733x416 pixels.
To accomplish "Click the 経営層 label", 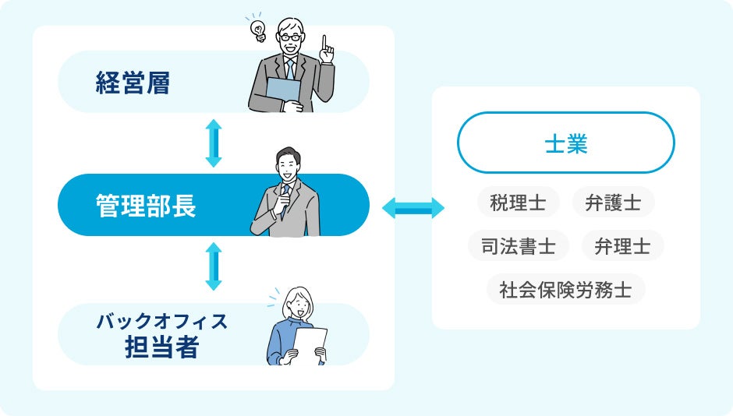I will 133,83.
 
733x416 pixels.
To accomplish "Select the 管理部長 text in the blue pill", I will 146,206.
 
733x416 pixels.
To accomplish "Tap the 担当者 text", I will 161,347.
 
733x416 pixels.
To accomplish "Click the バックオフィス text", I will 161,321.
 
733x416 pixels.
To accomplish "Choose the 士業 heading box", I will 565,143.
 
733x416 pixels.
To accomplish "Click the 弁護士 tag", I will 613,203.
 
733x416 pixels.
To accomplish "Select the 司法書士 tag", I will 519,246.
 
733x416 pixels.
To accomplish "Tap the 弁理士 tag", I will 622,246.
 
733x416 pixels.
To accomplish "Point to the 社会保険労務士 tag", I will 565,290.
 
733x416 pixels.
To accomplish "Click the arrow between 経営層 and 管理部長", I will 214,143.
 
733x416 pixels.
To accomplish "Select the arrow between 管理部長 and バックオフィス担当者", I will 214,266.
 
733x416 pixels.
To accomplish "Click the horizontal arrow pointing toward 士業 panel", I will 413,208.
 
